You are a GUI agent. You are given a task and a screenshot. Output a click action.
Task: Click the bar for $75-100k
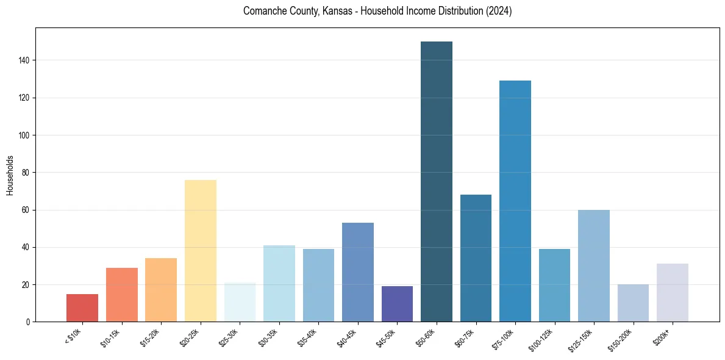pos(515,201)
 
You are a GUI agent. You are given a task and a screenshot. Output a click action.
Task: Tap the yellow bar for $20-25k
pos(201,251)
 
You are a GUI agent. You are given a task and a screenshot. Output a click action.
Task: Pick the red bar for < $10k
pos(82,308)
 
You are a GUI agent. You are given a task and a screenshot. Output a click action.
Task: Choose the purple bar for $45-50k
pos(397,304)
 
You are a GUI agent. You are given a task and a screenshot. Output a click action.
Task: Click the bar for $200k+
pos(673,293)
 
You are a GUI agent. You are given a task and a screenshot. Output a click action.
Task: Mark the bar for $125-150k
pos(594,266)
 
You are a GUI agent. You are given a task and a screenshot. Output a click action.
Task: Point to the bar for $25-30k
pos(240,302)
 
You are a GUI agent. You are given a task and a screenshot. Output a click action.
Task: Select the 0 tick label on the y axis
pos(28,322)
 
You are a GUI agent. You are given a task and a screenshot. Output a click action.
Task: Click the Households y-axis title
pos(10,175)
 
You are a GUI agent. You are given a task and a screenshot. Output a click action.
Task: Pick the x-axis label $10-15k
pos(112,337)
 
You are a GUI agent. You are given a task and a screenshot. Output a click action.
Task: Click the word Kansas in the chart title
pos(330,11)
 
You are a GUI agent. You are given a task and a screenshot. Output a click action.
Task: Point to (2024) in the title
pos(499,11)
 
